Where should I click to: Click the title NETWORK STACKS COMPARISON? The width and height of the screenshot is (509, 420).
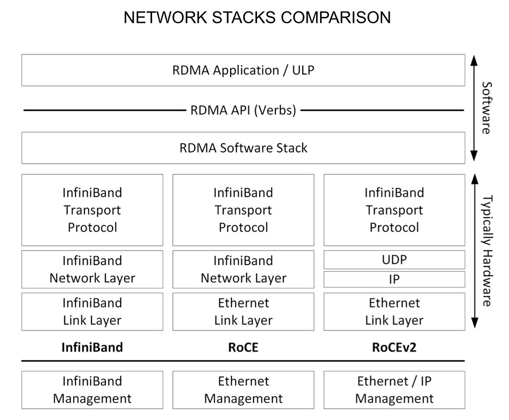256,18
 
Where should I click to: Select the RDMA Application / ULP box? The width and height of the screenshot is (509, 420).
243,70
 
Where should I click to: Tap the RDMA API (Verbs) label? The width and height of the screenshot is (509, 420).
243,110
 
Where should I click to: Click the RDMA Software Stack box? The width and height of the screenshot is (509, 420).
243,148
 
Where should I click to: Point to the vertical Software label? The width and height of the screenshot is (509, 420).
487,108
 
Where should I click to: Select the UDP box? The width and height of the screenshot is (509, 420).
394,259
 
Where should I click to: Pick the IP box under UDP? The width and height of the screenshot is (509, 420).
394,279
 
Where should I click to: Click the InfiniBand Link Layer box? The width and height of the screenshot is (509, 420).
92,312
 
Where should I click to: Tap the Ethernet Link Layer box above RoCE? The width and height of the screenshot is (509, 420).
243,312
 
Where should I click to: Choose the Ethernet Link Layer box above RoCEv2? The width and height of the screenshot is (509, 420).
394,312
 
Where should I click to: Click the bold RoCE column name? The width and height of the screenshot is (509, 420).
243,347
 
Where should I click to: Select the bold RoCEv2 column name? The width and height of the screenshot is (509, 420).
394,347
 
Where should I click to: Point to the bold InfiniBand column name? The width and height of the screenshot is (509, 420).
92,347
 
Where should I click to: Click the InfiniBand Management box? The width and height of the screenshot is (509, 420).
92,390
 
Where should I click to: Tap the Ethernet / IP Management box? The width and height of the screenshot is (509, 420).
394,390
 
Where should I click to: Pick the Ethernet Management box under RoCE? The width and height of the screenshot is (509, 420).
243,390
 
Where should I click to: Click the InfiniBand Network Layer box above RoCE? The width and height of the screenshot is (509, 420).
243,269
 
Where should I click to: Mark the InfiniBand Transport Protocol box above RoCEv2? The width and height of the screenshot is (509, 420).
394,210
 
